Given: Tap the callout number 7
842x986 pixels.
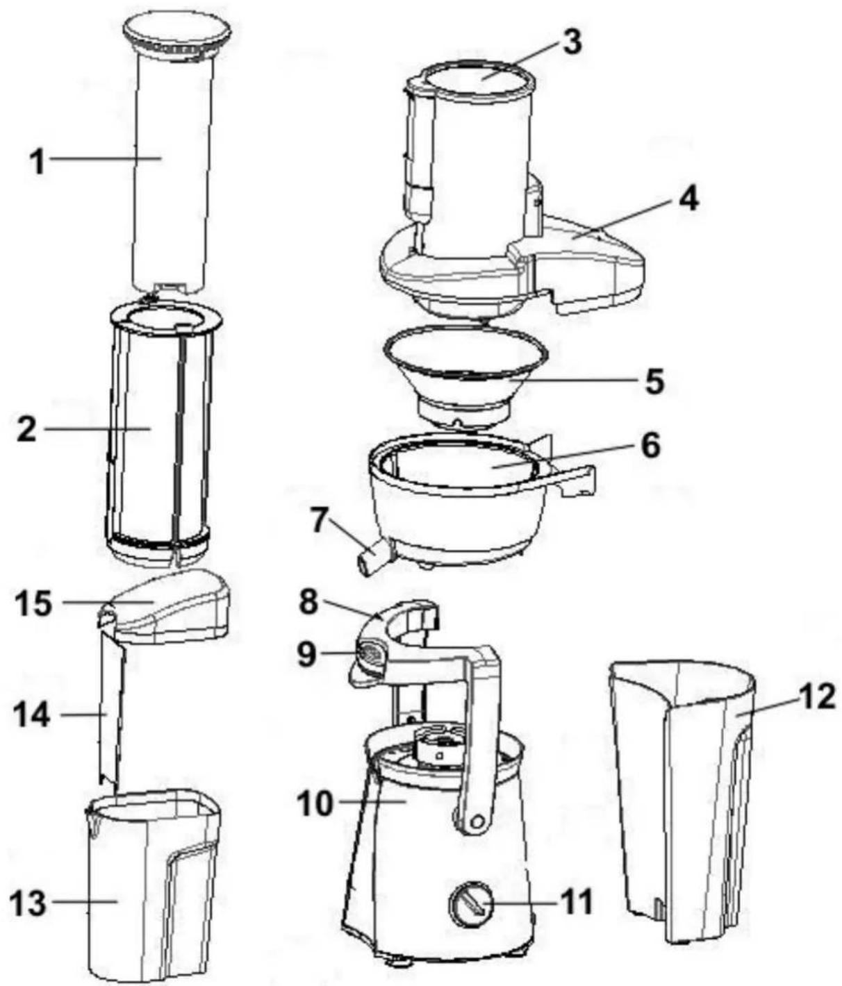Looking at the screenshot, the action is tap(321, 522).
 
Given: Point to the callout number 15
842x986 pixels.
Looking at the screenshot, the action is tap(33, 603).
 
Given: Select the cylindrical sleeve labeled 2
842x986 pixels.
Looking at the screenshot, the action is tap(163, 434).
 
